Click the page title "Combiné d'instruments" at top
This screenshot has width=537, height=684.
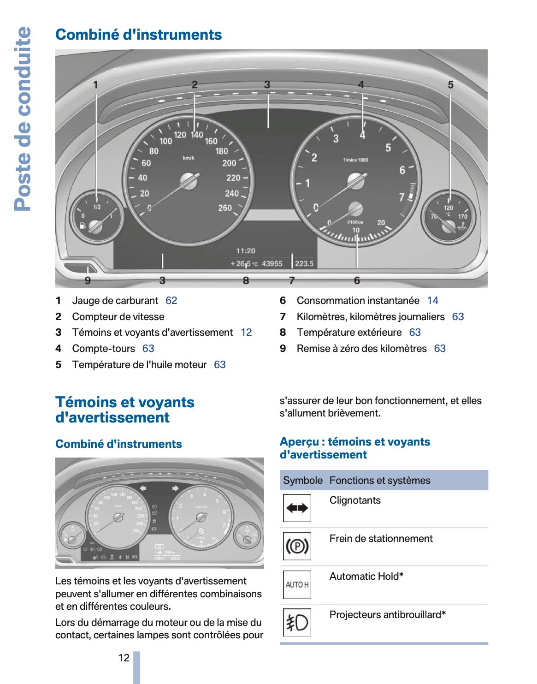tap(138, 35)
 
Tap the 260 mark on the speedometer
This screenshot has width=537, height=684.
tap(225, 208)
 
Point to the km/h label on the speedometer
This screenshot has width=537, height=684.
tap(189, 158)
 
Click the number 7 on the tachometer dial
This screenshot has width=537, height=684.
tap(401, 197)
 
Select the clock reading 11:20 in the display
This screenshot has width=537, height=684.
tap(246, 251)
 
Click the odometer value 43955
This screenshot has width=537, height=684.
tap(271, 264)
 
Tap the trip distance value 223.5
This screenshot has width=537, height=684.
tap(304, 264)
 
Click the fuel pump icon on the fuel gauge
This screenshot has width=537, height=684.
tap(83, 226)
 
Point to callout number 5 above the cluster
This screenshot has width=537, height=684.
tap(450, 85)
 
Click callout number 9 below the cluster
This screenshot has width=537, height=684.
tap(88, 280)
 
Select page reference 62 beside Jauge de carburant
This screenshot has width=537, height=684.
tap(171, 301)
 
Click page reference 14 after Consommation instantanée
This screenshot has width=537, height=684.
tap(432, 301)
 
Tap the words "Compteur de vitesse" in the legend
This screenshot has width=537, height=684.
tap(118, 317)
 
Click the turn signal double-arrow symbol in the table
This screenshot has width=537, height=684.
tap(297, 508)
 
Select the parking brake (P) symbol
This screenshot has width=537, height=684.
tap(297, 547)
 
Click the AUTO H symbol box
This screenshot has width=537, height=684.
tap(297, 585)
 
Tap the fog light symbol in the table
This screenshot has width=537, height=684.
tap(297, 623)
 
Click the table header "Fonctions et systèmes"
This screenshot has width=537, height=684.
tap(380, 481)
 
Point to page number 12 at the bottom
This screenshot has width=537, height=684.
tap(124, 658)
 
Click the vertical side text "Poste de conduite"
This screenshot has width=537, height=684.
tap(23, 119)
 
